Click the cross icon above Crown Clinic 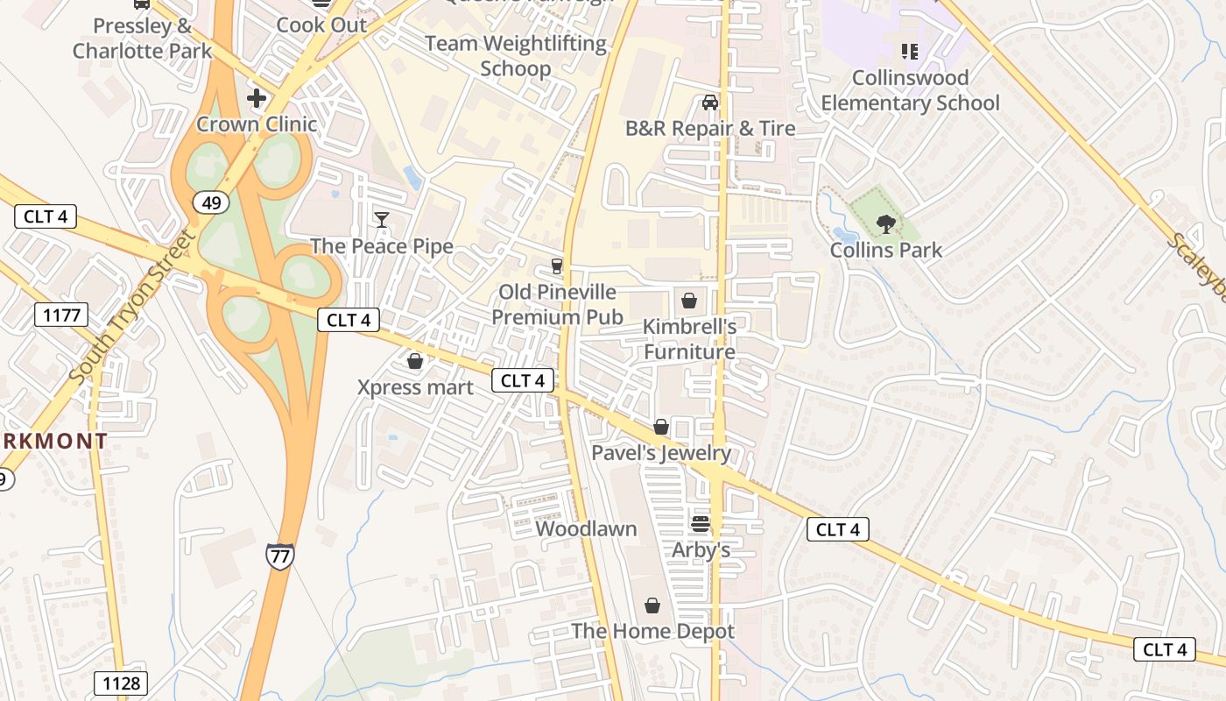point(257,97)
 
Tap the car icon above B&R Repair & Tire point(710,103)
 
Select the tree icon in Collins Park point(886,223)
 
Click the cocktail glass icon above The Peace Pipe point(382,219)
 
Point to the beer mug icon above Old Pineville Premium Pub point(556,266)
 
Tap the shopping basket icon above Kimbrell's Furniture point(689,301)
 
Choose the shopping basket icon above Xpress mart point(415,361)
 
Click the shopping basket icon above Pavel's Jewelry point(661,427)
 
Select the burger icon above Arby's point(700,524)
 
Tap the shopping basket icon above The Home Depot point(652,605)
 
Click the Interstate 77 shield point(279,556)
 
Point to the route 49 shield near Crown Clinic point(211,203)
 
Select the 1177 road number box point(61,315)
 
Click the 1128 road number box point(121,683)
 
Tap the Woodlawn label point(586,529)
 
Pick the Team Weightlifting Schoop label point(516,55)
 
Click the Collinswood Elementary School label point(910,90)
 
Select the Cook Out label point(321,25)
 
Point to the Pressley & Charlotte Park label point(142,38)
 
